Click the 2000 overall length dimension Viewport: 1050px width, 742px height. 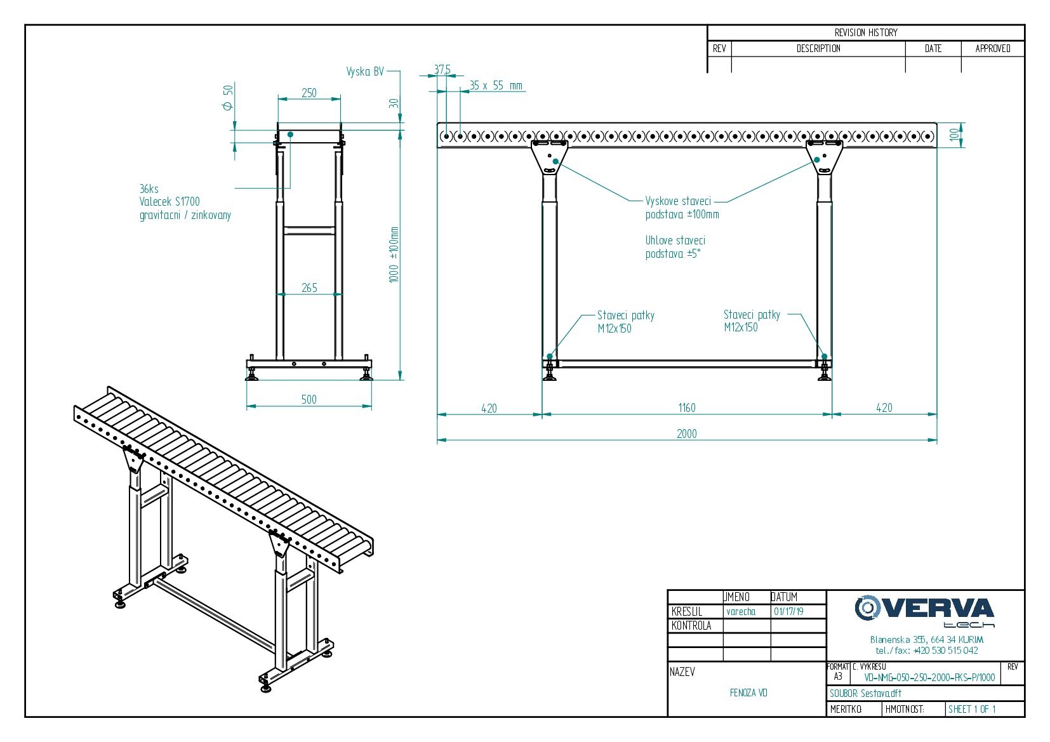click(686, 434)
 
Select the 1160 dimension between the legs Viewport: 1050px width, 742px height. click(687, 407)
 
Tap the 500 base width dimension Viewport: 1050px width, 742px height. click(309, 399)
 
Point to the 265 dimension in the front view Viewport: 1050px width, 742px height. click(309, 288)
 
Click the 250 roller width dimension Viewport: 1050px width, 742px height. click(309, 93)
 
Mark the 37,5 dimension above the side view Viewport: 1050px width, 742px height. click(442, 70)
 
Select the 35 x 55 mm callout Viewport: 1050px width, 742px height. click(495, 85)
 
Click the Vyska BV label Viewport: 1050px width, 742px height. click(365, 72)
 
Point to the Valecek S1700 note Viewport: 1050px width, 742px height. click(169, 202)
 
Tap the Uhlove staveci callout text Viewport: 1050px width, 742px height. click(675, 241)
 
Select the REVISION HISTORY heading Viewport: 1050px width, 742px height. click(866, 33)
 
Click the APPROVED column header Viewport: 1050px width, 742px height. click(993, 49)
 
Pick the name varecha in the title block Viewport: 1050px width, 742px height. click(741, 612)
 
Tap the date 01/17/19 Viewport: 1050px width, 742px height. click(788, 612)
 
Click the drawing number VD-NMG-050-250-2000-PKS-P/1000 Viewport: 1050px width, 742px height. click(929, 678)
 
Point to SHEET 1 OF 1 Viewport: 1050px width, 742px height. click(972, 709)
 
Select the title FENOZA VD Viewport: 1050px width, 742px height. click(748, 692)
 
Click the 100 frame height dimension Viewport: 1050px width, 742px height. click(954, 135)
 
